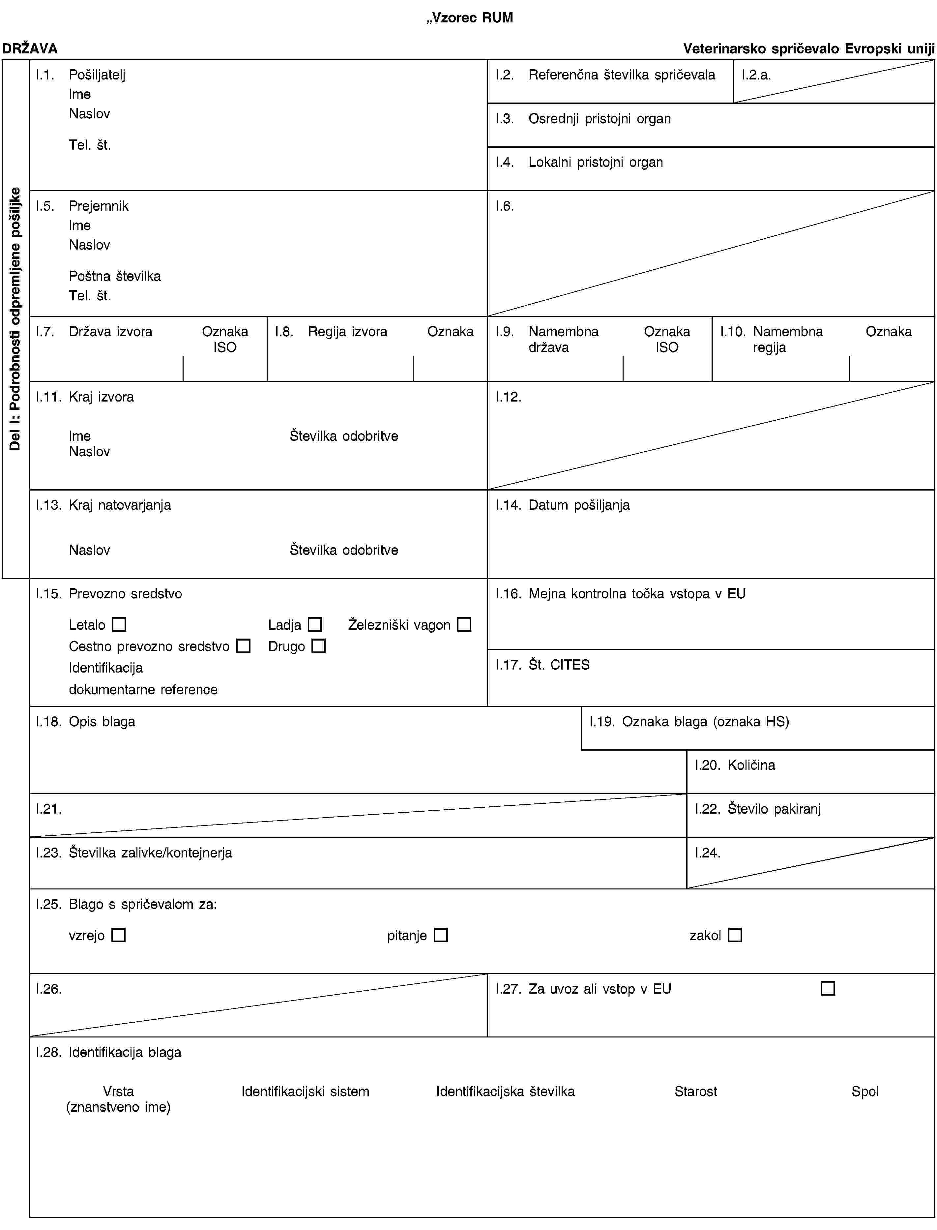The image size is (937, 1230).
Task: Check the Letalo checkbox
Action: coord(119,624)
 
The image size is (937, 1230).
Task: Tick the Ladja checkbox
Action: coord(315,624)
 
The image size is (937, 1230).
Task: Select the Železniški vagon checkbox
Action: coord(464,624)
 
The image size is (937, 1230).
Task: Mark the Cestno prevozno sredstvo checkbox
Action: coord(243,646)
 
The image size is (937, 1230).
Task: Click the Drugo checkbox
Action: coord(318,646)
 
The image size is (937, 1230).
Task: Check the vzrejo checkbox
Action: coord(118,935)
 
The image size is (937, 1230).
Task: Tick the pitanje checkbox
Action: coord(441,935)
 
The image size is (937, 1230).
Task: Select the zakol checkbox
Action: coord(735,935)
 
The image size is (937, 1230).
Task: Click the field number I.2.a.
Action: coord(756,75)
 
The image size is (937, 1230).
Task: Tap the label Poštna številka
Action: coord(115,276)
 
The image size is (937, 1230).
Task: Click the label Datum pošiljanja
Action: coord(579,505)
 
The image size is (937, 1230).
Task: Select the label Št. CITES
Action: coord(559,664)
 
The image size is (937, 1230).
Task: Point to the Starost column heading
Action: coord(695,1091)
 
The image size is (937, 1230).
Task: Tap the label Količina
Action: coord(751,765)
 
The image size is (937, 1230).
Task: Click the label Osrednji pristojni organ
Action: coord(600,119)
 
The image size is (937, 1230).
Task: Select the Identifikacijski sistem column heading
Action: coord(305,1091)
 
